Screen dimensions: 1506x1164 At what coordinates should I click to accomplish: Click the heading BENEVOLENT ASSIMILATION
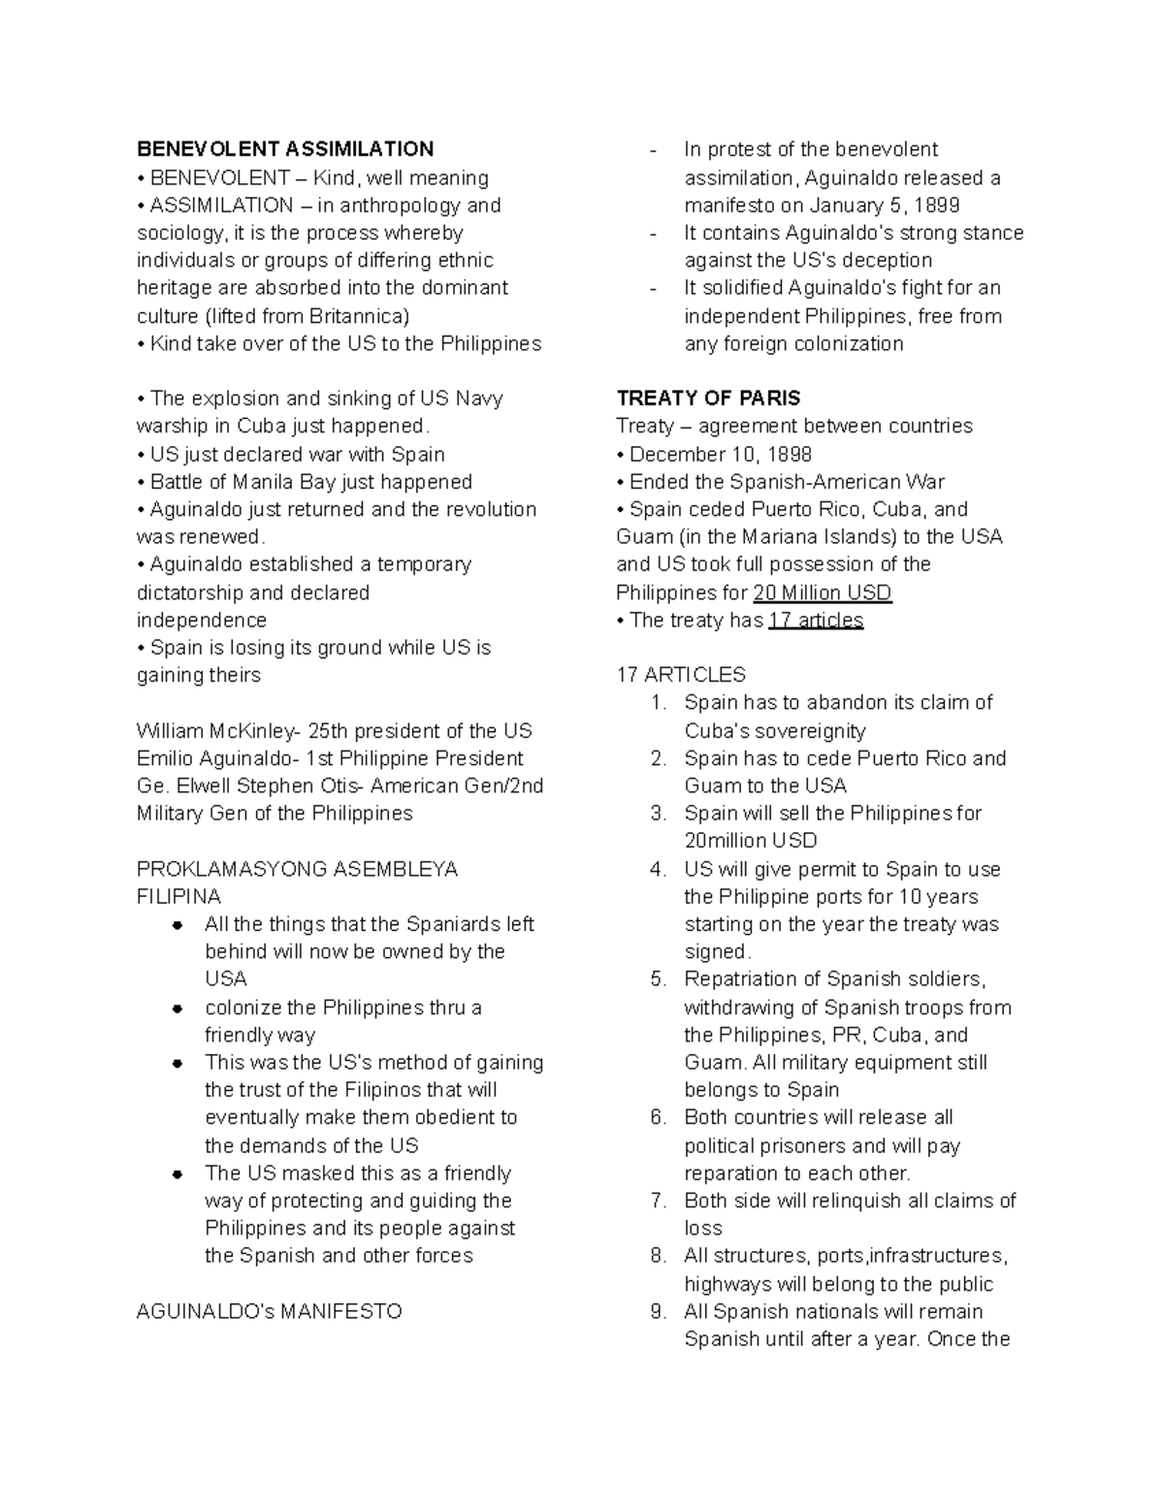click(x=284, y=149)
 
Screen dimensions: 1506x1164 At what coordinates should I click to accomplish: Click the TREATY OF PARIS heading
click(x=708, y=399)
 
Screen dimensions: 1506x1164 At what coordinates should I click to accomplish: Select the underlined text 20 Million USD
click(x=822, y=593)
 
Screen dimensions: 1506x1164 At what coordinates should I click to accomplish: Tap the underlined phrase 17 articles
click(x=815, y=621)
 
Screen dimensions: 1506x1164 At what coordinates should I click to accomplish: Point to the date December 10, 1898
click(x=721, y=455)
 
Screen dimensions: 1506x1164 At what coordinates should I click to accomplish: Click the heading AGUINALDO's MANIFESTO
click(x=269, y=1312)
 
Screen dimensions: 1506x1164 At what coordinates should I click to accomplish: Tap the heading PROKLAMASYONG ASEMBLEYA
click(x=297, y=869)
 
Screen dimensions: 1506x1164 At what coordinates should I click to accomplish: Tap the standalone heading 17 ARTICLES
click(x=680, y=675)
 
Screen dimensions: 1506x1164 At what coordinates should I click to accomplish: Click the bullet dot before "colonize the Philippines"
click(x=178, y=1009)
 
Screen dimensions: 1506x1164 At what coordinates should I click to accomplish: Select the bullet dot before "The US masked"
click(x=178, y=1174)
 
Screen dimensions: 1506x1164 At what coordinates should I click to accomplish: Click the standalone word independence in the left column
click(x=201, y=621)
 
